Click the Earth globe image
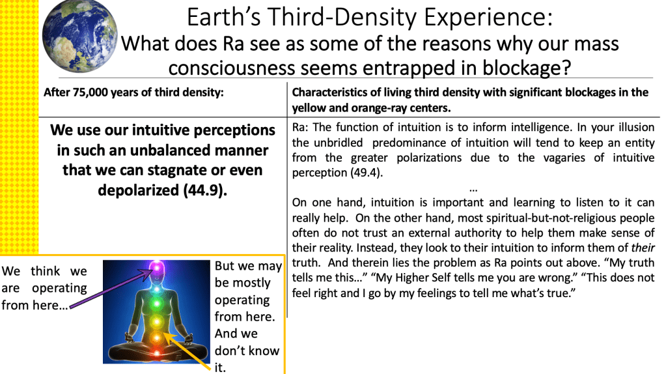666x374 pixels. (x=79, y=36)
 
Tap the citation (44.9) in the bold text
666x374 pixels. (x=204, y=190)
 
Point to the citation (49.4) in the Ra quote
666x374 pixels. (x=367, y=173)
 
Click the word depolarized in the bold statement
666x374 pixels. (x=139, y=191)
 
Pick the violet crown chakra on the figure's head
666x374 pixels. (x=156, y=267)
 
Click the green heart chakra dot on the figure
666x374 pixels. (x=156, y=304)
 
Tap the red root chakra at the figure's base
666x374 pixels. (x=156, y=352)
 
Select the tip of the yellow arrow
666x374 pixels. (x=163, y=333)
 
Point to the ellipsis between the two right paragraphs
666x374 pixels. (x=473, y=189)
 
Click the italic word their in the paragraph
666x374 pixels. (x=643, y=248)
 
